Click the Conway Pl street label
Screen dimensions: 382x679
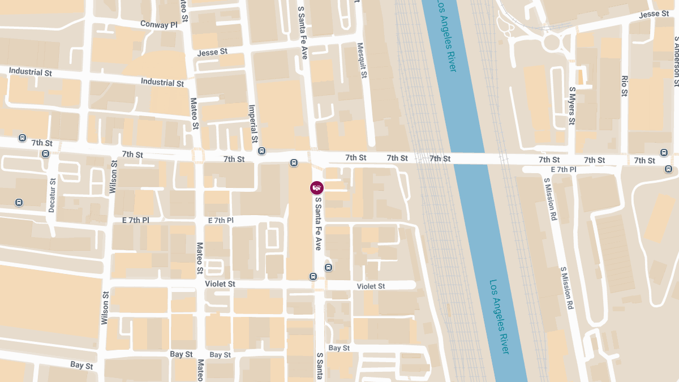coord(158,25)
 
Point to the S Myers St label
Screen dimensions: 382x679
coord(572,106)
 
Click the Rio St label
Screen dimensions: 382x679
coord(625,85)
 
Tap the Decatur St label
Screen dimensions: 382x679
coord(52,195)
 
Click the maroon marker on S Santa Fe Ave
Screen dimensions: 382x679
coord(317,187)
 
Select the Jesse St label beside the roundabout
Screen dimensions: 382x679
coord(654,14)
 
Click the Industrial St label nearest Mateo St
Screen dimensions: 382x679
coord(162,83)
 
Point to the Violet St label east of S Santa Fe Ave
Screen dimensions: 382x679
coord(371,286)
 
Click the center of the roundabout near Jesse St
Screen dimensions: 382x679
coord(552,41)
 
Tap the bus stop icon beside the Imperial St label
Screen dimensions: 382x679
coord(261,151)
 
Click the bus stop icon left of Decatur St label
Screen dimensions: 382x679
coord(19,202)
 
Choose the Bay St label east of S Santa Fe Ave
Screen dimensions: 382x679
coord(339,348)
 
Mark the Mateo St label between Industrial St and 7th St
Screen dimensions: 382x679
coord(194,113)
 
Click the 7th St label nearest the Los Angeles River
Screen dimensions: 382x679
coord(440,158)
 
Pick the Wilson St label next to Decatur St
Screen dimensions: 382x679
coord(113,177)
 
